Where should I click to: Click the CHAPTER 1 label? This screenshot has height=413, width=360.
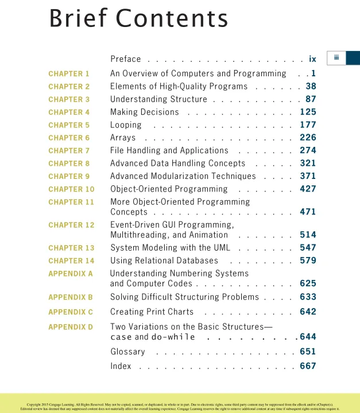click(x=69, y=74)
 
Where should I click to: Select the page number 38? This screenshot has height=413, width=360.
click(x=311, y=87)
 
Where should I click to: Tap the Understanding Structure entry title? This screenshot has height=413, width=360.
click(x=158, y=99)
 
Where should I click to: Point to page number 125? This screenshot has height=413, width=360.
click(x=308, y=112)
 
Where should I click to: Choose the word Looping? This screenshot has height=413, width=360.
click(x=126, y=125)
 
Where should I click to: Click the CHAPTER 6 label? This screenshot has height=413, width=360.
click(x=69, y=138)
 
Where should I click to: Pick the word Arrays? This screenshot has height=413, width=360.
click(x=123, y=138)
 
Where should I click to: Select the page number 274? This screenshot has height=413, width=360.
click(x=308, y=150)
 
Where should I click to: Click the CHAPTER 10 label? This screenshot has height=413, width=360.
click(x=71, y=189)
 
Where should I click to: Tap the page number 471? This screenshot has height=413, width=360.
click(x=308, y=212)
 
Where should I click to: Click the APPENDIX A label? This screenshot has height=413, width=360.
click(x=71, y=274)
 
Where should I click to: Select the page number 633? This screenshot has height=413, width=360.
click(x=308, y=297)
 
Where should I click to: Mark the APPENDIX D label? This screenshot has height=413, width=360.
click(x=71, y=327)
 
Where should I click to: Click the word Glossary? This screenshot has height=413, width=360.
click(x=127, y=352)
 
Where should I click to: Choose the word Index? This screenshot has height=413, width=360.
click(x=121, y=366)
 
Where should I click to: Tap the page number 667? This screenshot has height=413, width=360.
click(x=308, y=366)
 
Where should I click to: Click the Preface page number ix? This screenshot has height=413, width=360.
click(x=312, y=59)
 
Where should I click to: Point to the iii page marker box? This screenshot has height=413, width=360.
click(x=336, y=57)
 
